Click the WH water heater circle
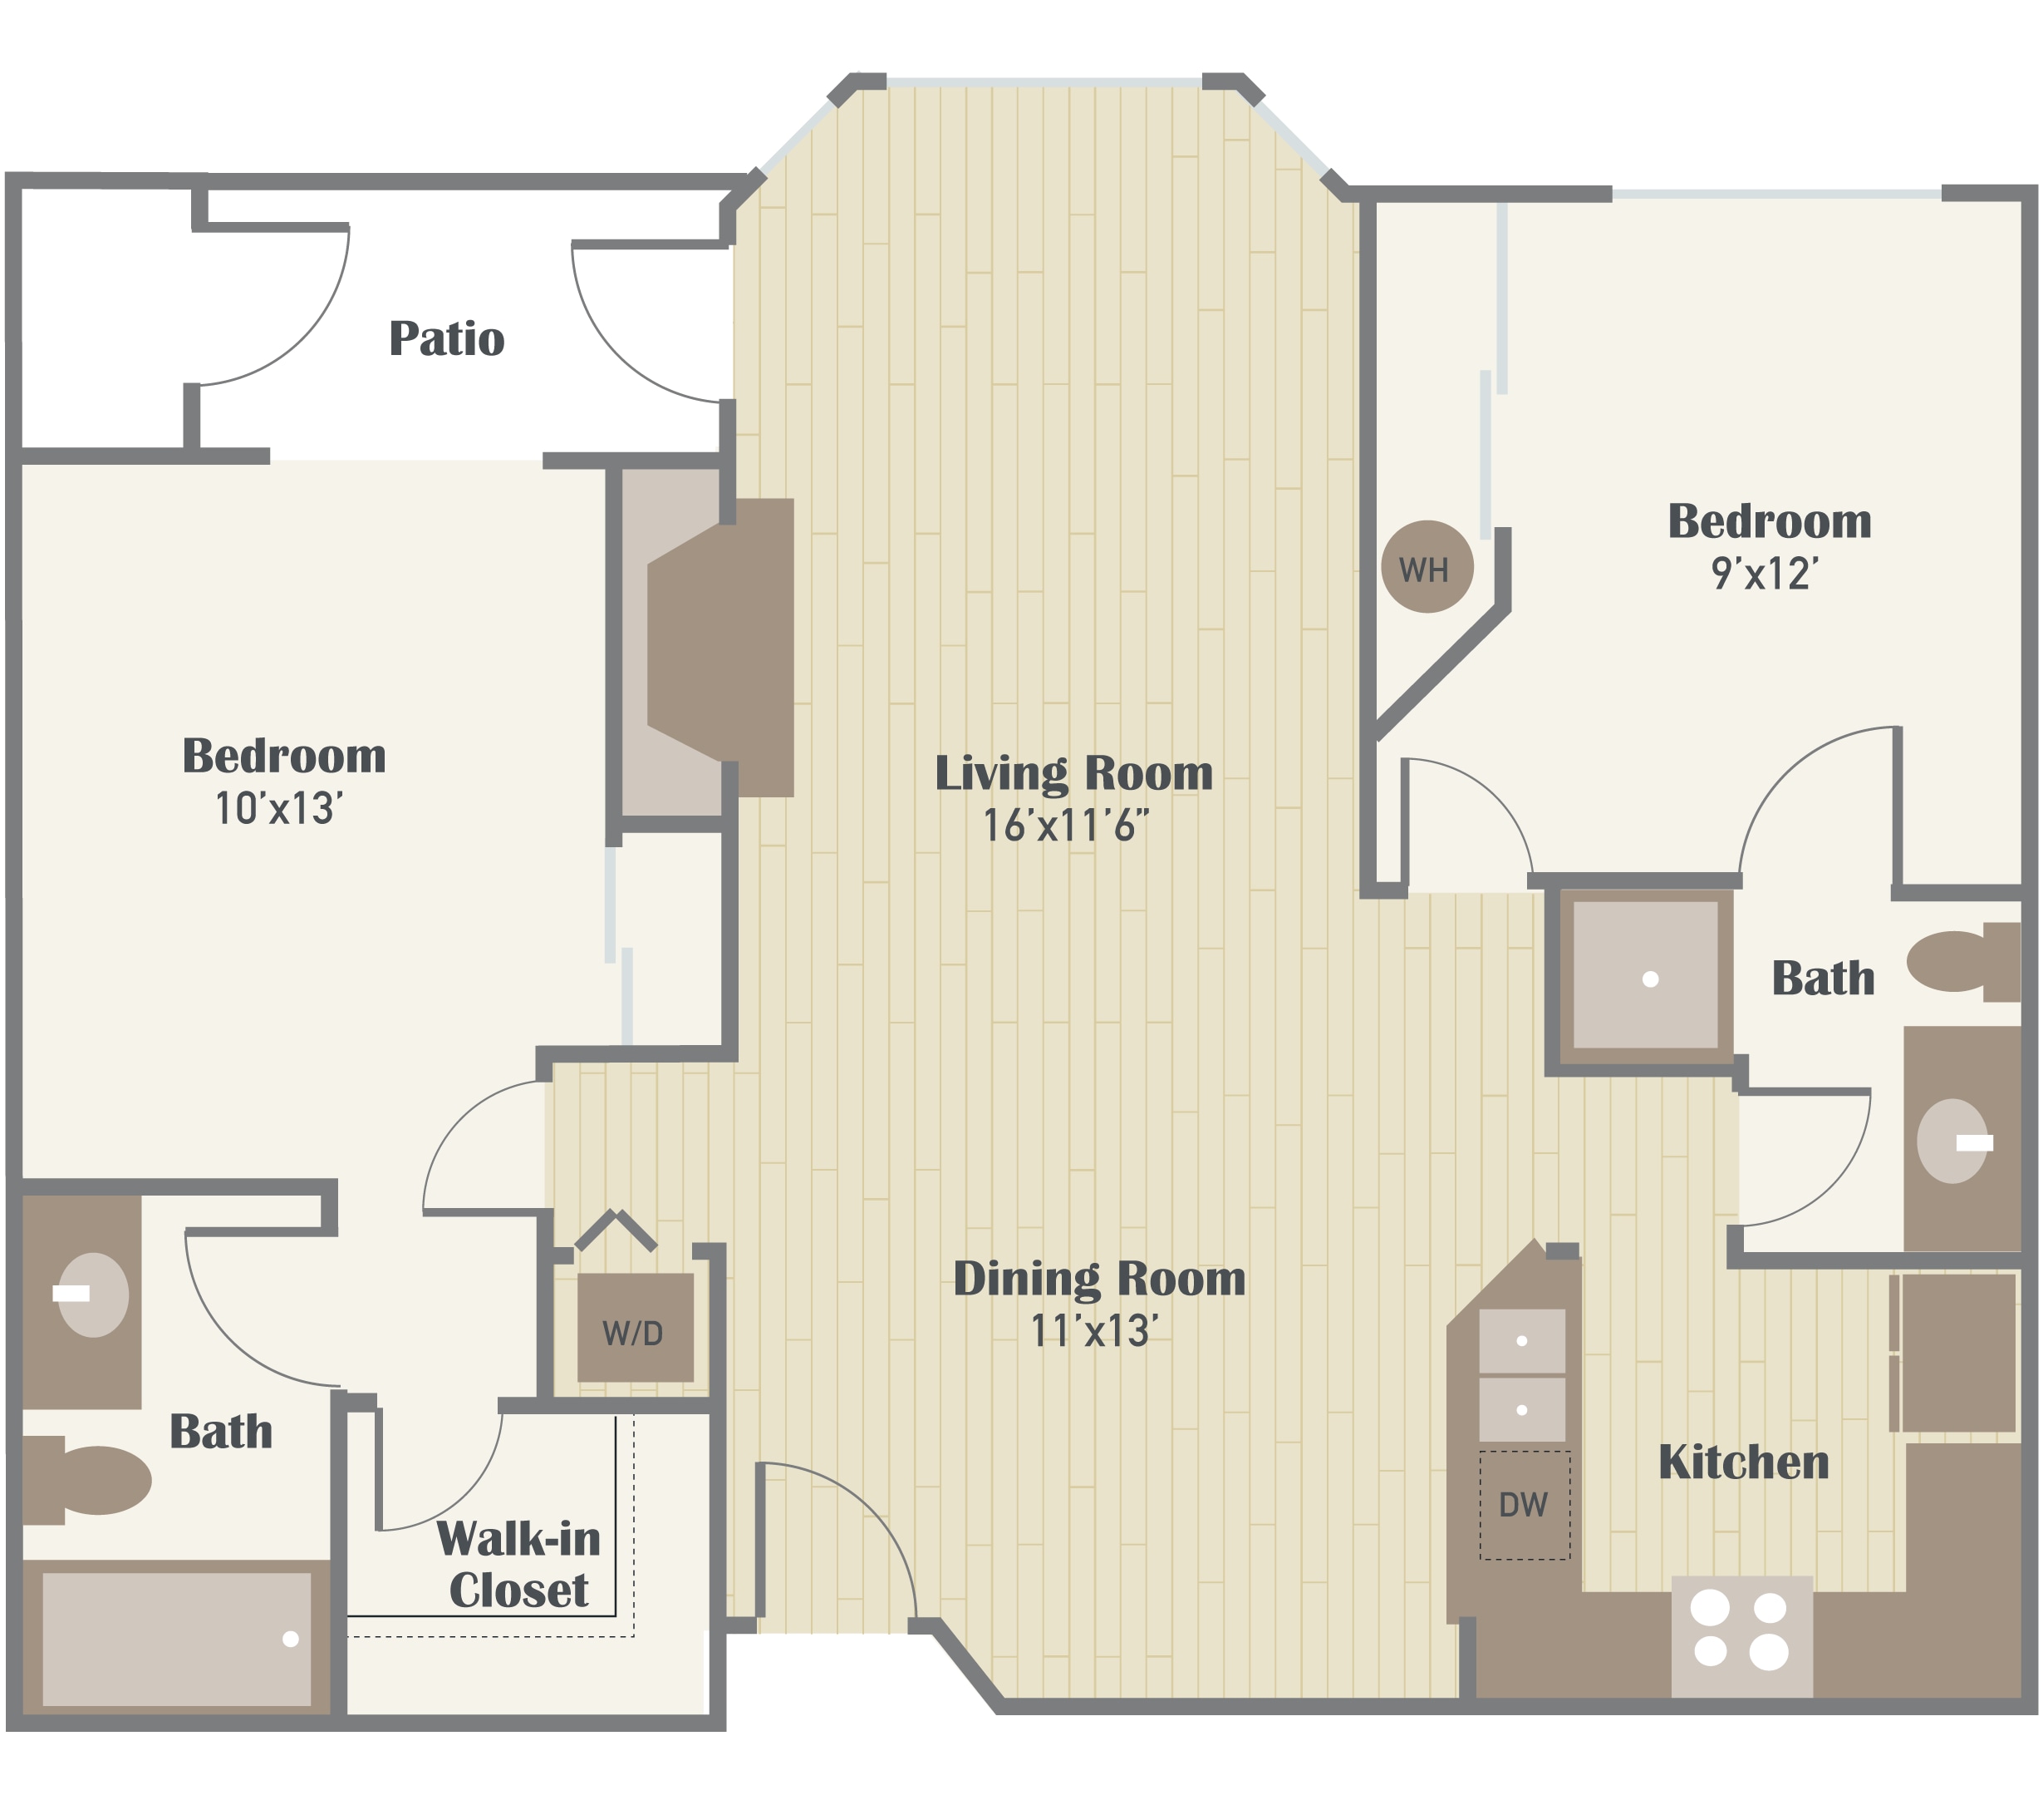[x=1427, y=566]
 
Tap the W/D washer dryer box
[x=635, y=1327]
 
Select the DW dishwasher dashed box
[x=1525, y=1505]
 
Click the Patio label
[x=447, y=338]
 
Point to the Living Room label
[x=1073, y=773]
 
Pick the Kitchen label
[x=1743, y=1462]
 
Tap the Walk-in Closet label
[x=518, y=1564]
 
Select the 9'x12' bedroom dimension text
[x=1766, y=573]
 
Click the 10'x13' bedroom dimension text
[x=279, y=808]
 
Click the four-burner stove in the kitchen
[x=1741, y=1637]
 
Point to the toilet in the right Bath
[x=1963, y=961]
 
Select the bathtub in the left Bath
[x=177, y=1639]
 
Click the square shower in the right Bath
[x=1645, y=976]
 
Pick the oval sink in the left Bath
[x=93, y=1295]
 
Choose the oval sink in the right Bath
[x=1953, y=1141]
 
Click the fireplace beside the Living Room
[x=720, y=647]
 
